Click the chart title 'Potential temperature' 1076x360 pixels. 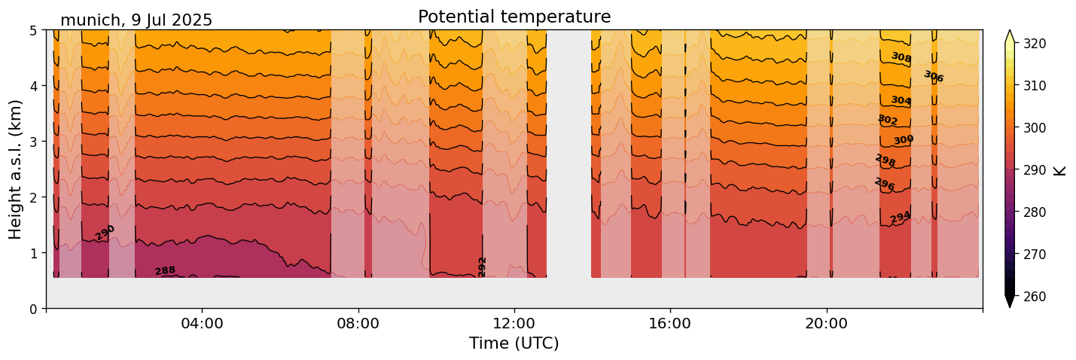(514, 17)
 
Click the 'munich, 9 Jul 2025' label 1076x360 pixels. (136, 20)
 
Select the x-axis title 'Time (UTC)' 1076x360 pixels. (514, 343)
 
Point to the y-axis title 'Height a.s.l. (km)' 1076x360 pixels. (16, 169)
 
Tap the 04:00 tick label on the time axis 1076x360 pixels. (202, 324)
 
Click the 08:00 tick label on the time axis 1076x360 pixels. (358, 324)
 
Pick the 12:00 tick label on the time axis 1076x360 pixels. (514, 324)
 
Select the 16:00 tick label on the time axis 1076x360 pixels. (670, 324)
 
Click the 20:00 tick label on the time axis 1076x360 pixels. (827, 324)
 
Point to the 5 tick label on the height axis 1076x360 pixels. (35, 31)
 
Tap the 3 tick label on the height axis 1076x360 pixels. (35, 142)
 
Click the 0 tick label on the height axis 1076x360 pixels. (35, 309)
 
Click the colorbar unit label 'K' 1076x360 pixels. (1060, 170)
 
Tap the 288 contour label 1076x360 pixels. (165, 270)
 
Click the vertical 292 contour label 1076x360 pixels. (483, 267)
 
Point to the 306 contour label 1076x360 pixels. (934, 76)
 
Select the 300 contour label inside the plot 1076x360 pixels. (904, 140)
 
